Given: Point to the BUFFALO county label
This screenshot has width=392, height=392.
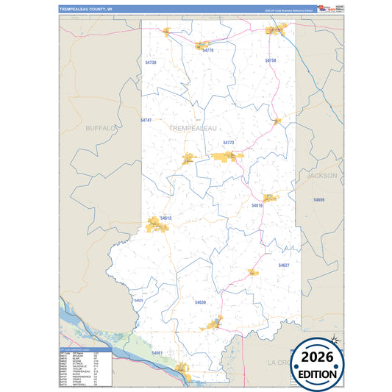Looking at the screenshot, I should click(101, 128).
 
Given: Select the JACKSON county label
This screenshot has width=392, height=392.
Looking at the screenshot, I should click(321, 176).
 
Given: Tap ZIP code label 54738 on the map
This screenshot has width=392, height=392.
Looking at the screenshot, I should click(151, 63).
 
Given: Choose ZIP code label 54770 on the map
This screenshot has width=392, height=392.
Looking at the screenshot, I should click(207, 51).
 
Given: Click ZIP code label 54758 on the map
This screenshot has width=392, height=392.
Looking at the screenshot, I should click(271, 60).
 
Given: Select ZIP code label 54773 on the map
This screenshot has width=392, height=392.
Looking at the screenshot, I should click(228, 143).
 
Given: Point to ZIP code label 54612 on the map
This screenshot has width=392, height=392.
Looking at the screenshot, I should click(165, 218).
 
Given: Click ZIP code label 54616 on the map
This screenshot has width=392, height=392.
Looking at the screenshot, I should click(257, 206).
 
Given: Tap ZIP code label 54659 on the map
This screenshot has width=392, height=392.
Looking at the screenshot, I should click(318, 199).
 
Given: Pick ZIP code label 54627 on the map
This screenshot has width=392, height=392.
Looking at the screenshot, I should click(284, 265).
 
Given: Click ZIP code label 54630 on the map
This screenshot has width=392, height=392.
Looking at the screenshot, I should click(201, 302).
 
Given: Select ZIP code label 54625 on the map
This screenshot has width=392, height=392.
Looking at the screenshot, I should click(139, 300).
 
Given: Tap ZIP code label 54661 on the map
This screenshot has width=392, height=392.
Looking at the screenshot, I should click(157, 353).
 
